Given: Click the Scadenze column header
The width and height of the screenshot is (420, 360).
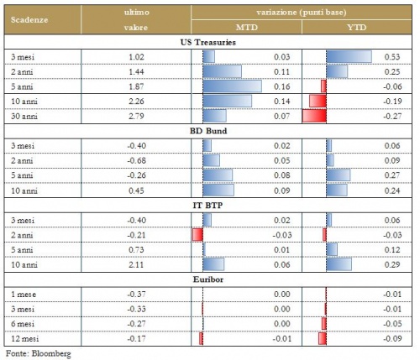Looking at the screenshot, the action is pos(29,20).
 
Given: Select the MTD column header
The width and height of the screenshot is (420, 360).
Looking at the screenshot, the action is pos(246,28).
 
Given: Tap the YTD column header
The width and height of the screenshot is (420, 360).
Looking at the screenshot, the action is pos(356,28).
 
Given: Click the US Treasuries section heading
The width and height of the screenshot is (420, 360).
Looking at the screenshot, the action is pos(208,42).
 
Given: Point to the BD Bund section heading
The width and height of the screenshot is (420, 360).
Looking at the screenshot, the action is pos(208,131).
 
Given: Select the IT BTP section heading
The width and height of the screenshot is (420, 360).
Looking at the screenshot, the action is pos(207,206).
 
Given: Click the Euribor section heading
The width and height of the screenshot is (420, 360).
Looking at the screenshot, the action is pos(208,279).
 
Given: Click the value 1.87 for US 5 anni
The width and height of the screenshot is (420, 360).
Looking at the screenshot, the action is pos(136,86).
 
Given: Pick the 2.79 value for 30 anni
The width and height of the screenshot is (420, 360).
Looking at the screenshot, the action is pos(136,116).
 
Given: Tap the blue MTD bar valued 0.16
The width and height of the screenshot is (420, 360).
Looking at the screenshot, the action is pos(232,86).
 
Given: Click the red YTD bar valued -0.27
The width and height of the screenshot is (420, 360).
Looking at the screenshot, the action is pos(314,116).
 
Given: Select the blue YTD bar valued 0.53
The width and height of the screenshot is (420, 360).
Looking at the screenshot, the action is pos(349,57).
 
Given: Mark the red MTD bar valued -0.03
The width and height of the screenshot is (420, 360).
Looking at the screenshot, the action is pos(197,235).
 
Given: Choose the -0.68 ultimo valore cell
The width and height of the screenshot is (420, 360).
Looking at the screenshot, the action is pos(136,160).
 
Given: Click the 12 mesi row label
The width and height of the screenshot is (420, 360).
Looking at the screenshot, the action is pos(24,339).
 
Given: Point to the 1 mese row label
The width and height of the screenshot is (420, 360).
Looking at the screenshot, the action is pos(24,295).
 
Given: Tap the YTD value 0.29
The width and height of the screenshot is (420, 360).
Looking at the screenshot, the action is pos(392,264).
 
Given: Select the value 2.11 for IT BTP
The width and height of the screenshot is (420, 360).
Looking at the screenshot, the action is pos(136,264).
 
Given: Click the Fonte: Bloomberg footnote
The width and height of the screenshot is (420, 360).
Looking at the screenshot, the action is pos(39,353).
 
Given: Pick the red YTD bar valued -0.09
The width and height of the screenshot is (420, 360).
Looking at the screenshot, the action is pos(323,338).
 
